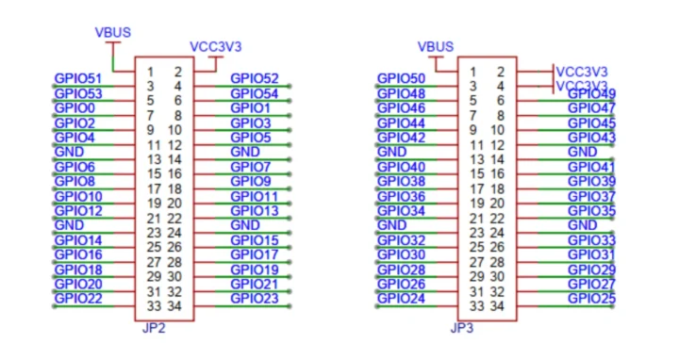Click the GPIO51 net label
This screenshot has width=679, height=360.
pyautogui.click(x=77, y=78)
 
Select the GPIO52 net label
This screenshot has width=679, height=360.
pyautogui.click(x=254, y=78)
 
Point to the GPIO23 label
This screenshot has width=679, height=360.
pyautogui.click(x=254, y=298)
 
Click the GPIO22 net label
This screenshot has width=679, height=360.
pyautogui.click(x=77, y=298)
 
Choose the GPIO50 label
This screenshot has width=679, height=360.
pyautogui.click(x=401, y=78)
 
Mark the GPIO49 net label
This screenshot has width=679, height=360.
pyautogui.click(x=591, y=93)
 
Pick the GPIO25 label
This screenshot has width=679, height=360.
pyautogui.click(x=591, y=299)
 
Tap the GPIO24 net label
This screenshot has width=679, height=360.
pyautogui.click(x=401, y=299)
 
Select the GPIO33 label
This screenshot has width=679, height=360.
pyautogui.click(x=591, y=240)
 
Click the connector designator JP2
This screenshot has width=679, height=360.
pyautogui.click(x=153, y=328)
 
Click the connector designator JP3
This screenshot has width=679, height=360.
pyautogui.click(x=462, y=328)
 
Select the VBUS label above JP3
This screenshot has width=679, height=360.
pyautogui.click(x=435, y=45)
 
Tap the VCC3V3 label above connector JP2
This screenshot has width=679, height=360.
pyautogui.click(x=216, y=45)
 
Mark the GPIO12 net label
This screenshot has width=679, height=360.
pyautogui.click(x=77, y=210)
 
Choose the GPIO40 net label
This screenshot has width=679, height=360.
pyautogui.click(x=401, y=167)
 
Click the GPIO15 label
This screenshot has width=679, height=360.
pyautogui.click(x=254, y=239)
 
